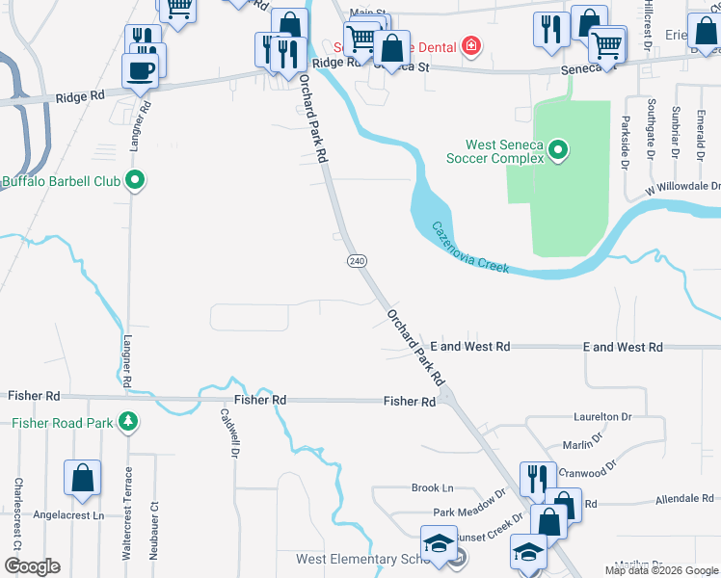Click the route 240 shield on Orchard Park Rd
click(x=357, y=261)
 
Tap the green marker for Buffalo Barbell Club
click(x=136, y=180)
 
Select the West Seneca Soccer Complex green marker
click(x=558, y=150)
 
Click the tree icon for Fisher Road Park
click(x=126, y=422)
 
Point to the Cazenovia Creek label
click(x=470, y=247)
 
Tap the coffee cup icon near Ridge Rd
click(x=141, y=71)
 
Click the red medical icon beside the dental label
click(x=470, y=45)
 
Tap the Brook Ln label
click(x=432, y=488)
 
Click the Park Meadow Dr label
click(x=469, y=512)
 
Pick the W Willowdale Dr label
click(x=683, y=186)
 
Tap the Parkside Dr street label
click(x=625, y=138)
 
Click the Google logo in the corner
click(x=32, y=566)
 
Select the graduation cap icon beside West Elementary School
click(x=439, y=542)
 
